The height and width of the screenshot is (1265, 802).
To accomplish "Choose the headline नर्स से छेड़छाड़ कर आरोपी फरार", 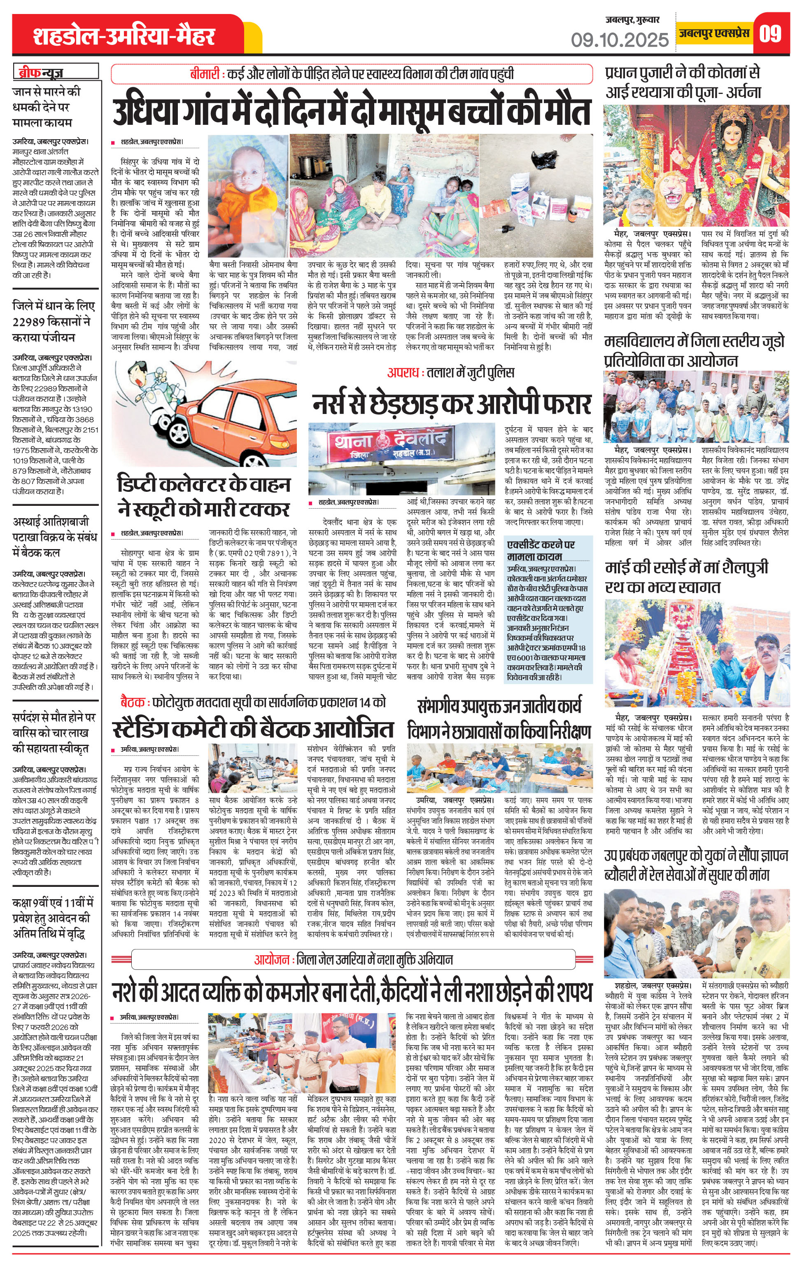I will [452, 403].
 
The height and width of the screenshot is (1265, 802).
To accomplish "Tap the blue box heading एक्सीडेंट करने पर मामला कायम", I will [541, 550].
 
